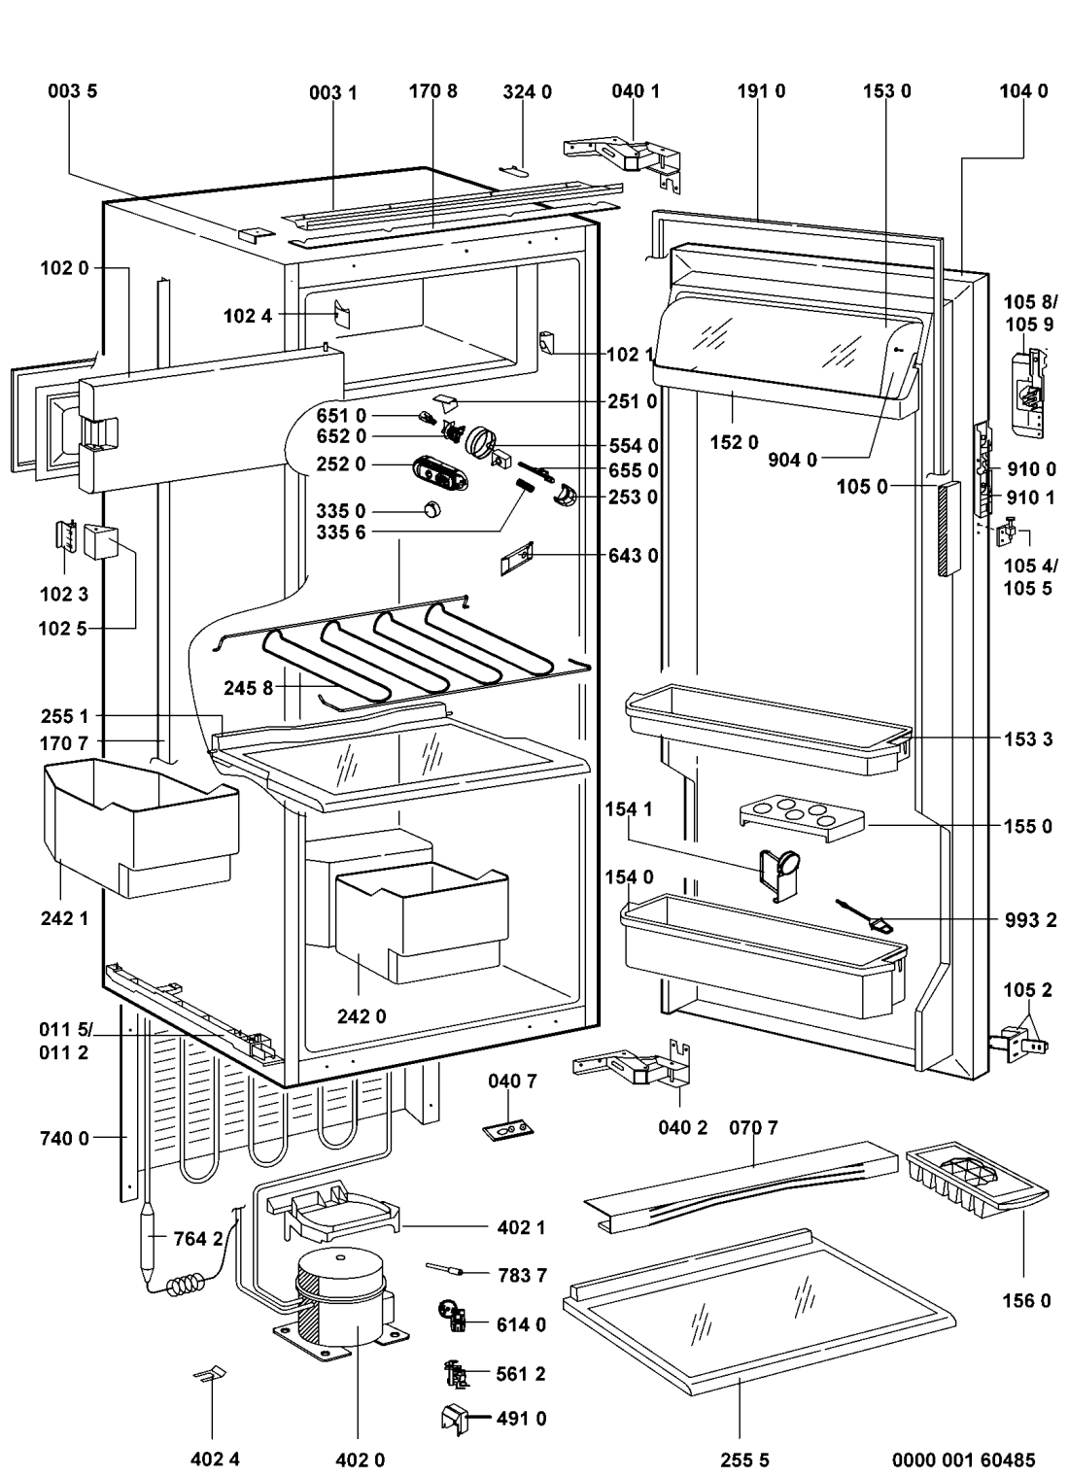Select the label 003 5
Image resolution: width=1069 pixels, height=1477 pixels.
tap(73, 91)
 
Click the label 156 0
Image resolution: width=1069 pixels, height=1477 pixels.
tap(1026, 1300)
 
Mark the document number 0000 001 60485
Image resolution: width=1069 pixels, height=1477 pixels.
tap(964, 1459)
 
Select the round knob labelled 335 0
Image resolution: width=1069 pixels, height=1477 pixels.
tap(431, 509)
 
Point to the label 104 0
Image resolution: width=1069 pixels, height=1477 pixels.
tap(1024, 91)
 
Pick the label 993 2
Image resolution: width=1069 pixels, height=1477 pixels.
tap(1032, 921)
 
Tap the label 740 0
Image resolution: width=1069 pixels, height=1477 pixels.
tap(65, 1138)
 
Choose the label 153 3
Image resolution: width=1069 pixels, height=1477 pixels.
tap(1028, 739)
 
